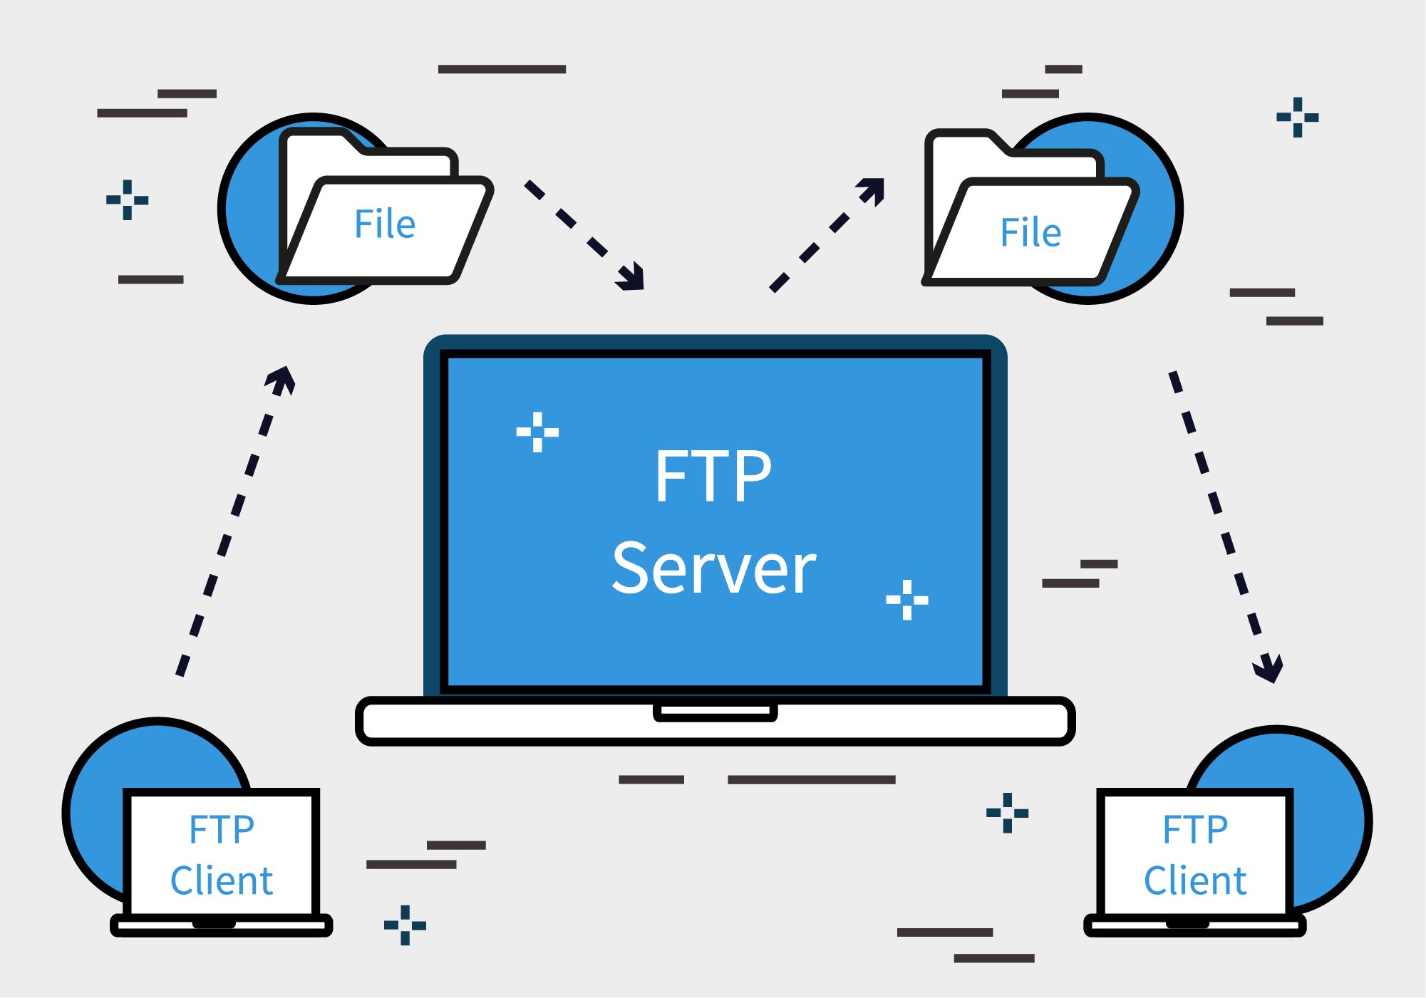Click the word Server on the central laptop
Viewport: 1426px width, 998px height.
pyautogui.click(x=714, y=568)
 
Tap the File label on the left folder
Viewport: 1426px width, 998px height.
pyautogui.click(x=385, y=224)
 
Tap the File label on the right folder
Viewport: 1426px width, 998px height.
pyautogui.click(x=1030, y=232)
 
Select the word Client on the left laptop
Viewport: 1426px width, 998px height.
pyautogui.click(x=222, y=880)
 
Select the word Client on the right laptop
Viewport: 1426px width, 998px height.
pyautogui.click(x=1195, y=880)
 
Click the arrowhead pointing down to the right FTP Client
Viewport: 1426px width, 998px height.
pyautogui.click(x=1269, y=670)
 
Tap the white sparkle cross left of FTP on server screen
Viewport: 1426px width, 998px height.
pyautogui.click(x=537, y=432)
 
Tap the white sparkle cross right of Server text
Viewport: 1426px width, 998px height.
pyautogui.click(x=907, y=600)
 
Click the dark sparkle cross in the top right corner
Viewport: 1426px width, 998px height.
pyautogui.click(x=1297, y=118)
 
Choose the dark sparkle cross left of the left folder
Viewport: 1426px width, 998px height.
pyautogui.click(x=127, y=200)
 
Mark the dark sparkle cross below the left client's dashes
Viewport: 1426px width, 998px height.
pyautogui.click(x=405, y=925)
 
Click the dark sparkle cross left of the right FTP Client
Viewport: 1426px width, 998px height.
pyautogui.click(x=1007, y=813)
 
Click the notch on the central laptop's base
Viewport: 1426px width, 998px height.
pyautogui.click(x=715, y=711)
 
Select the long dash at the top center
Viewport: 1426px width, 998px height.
pyautogui.click(x=502, y=69)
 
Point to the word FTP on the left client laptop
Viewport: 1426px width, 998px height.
pyautogui.click(x=222, y=829)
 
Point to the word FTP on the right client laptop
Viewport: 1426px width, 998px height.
pyautogui.click(x=1195, y=829)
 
